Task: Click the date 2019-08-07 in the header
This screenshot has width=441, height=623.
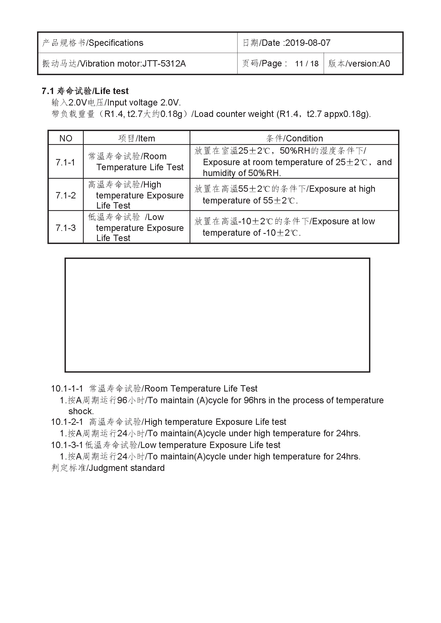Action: tap(308, 43)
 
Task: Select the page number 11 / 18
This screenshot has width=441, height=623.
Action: tap(307, 64)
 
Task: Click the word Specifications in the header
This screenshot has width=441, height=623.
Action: tap(116, 43)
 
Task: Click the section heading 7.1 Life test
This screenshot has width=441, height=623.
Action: tap(85, 91)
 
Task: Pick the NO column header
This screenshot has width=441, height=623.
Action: tap(66, 139)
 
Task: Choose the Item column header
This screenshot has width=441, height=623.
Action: tap(137, 139)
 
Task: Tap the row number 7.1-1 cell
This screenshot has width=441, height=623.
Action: tap(65, 162)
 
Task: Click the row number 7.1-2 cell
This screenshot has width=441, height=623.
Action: tap(65, 195)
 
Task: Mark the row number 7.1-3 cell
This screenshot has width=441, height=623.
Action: tap(65, 228)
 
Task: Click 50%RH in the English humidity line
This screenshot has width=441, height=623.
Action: tap(264, 173)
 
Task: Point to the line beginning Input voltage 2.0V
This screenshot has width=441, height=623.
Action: tap(116, 103)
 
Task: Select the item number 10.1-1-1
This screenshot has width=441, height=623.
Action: tap(67, 389)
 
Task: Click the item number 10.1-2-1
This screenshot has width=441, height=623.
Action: tap(67, 422)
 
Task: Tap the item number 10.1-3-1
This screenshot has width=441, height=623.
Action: tap(67, 445)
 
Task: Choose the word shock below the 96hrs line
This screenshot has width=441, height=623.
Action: tap(81, 411)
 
